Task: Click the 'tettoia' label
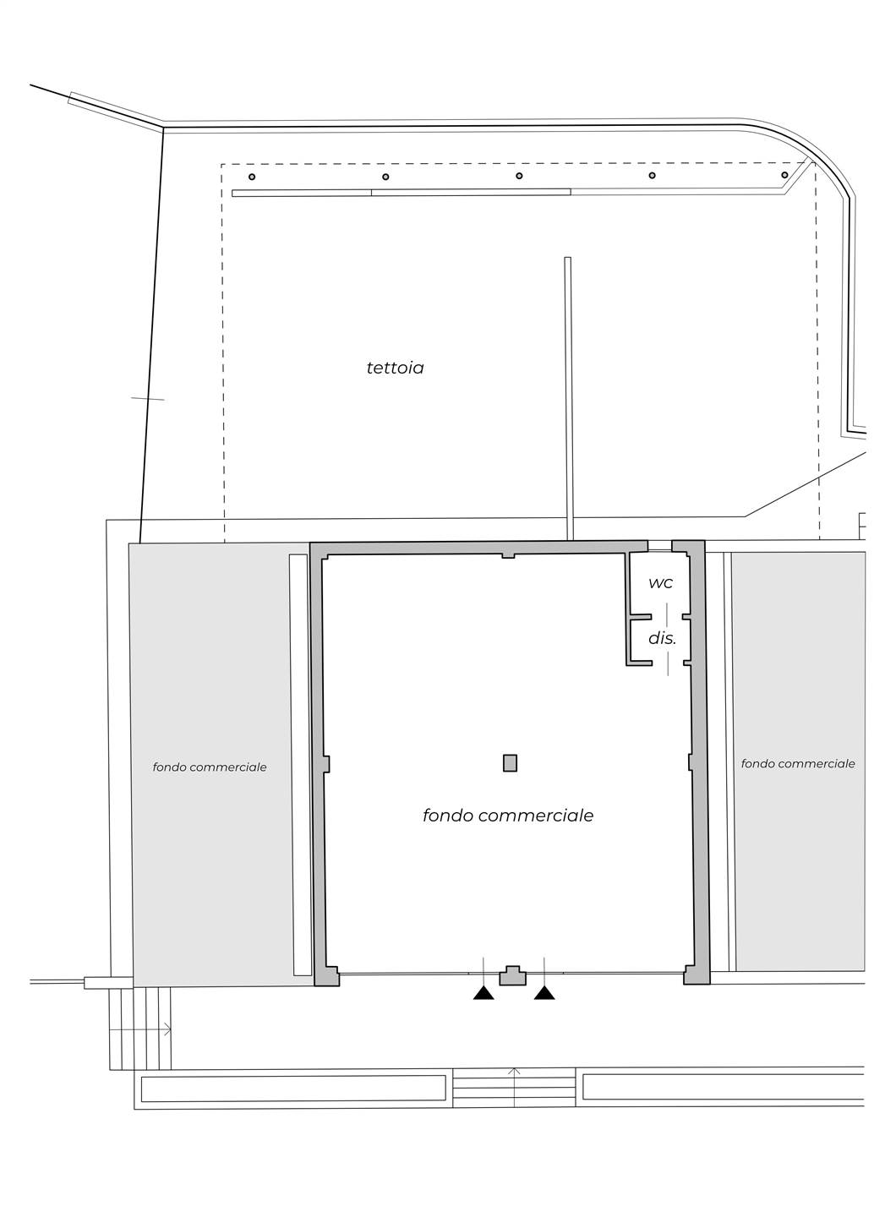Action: pos(395,368)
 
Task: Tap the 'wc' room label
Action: pos(661,583)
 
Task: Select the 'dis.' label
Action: pos(662,638)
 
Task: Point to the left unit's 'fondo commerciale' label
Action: pos(210,767)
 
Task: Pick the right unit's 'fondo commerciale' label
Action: pos(798,764)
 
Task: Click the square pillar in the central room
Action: pos(510,763)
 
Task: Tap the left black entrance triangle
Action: pos(483,993)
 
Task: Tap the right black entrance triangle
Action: pos(544,993)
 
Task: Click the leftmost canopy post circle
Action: pos(252,177)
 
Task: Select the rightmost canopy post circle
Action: pos(784,175)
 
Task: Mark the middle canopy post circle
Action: pos(519,176)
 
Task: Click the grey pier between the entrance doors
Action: pos(513,976)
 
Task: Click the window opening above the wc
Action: pos(660,545)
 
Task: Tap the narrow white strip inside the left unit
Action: pos(298,765)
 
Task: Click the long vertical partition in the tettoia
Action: pos(568,399)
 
